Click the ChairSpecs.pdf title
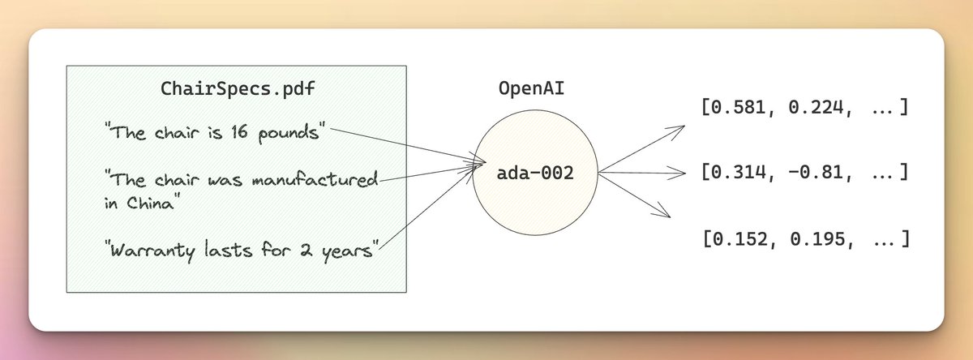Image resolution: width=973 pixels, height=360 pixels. point(236,90)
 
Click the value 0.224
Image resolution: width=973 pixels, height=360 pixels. point(808,107)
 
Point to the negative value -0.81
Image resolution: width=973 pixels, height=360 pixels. point(808,173)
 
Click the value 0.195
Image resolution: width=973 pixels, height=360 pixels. point(808,239)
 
